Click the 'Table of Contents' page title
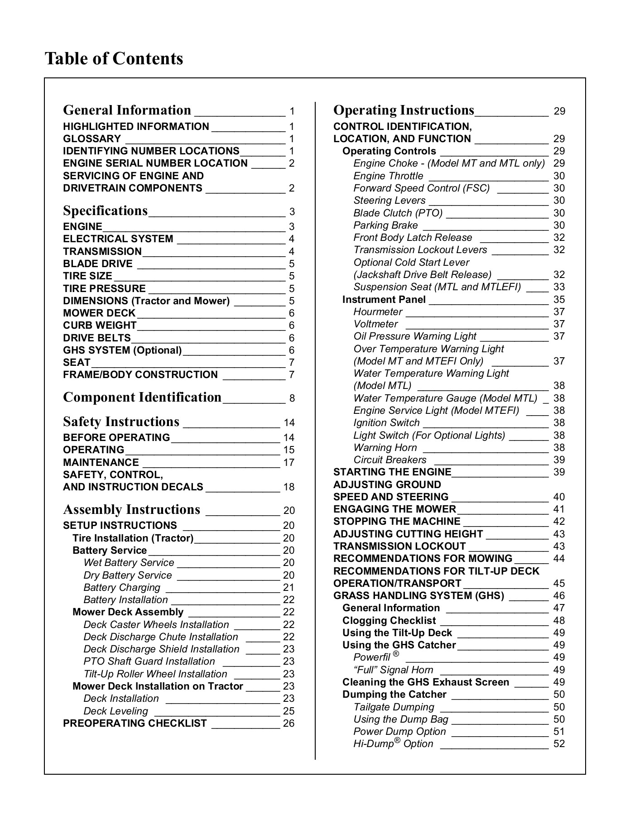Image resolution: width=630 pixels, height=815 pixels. (x=114, y=59)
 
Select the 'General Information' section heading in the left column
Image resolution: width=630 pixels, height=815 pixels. (x=127, y=110)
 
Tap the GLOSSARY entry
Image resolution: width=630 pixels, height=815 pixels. (x=92, y=139)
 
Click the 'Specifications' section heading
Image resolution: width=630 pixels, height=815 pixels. (x=105, y=211)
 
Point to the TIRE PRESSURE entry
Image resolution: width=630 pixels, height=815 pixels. (x=104, y=288)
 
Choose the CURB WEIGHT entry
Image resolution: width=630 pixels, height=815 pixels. (x=100, y=326)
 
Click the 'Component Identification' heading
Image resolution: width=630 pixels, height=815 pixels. (x=142, y=398)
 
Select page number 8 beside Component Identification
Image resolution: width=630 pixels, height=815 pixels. (x=292, y=398)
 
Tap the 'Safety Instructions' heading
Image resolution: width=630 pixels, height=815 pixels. (x=121, y=422)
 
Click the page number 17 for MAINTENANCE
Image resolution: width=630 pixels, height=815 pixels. (x=289, y=463)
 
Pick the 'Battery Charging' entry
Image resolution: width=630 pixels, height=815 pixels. (x=122, y=588)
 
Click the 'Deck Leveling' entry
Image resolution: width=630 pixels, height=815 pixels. (x=116, y=711)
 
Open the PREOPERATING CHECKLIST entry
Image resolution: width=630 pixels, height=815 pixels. (x=135, y=724)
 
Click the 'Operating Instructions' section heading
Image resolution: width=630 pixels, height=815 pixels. (x=404, y=110)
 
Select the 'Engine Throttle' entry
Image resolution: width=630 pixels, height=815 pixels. (x=389, y=176)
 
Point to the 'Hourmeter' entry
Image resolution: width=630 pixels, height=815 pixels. (x=378, y=312)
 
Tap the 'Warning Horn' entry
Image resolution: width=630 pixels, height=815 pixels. (x=385, y=448)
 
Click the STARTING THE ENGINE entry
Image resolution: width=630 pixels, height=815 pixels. (x=392, y=472)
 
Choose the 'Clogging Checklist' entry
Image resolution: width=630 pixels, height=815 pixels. (x=389, y=621)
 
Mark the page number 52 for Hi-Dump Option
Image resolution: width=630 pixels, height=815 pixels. (x=559, y=744)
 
